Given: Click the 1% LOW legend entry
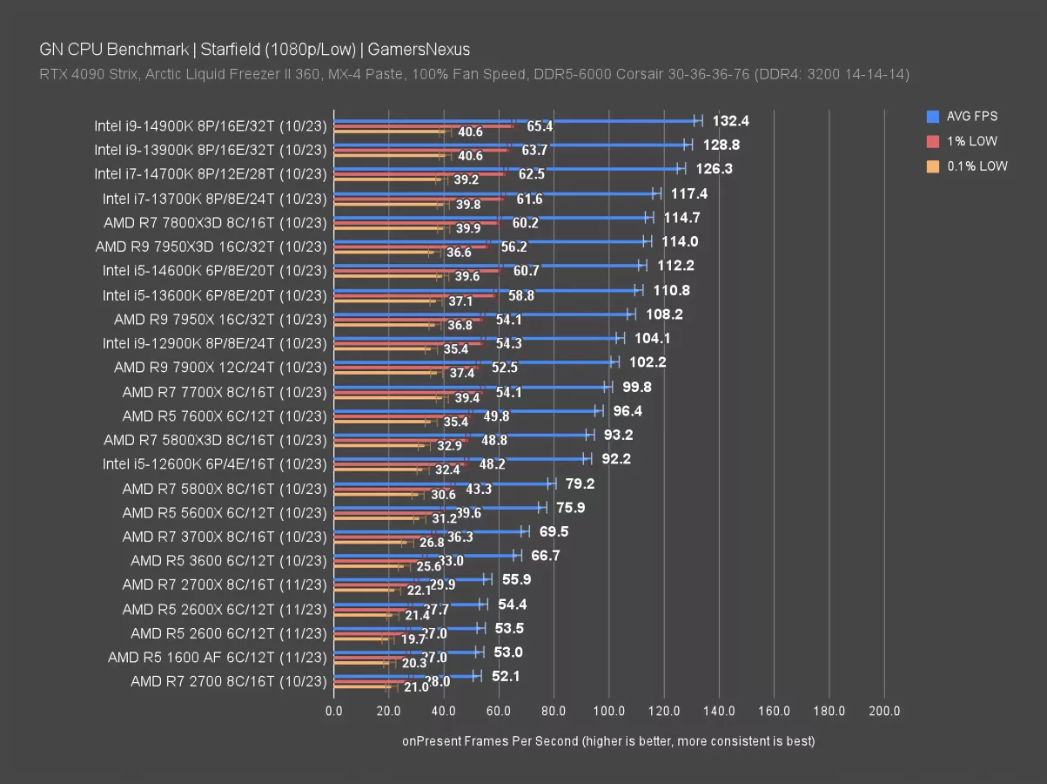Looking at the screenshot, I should tap(971, 141).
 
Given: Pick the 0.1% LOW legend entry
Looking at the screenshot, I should tap(977, 166).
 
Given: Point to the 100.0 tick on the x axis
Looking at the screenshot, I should tap(609, 711).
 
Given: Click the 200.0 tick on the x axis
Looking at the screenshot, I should tap(884, 711).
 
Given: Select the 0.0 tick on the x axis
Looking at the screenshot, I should tap(334, 711).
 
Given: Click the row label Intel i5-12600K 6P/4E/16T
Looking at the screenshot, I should tap(214, 463).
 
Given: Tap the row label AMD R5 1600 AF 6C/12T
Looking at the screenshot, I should tap(217, 657).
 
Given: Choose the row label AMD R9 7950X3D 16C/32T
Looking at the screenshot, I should tap(211, 247).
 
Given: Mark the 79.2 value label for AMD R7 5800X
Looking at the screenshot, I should tap(579, 483).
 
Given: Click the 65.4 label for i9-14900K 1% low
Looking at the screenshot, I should tap(540, 126).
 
